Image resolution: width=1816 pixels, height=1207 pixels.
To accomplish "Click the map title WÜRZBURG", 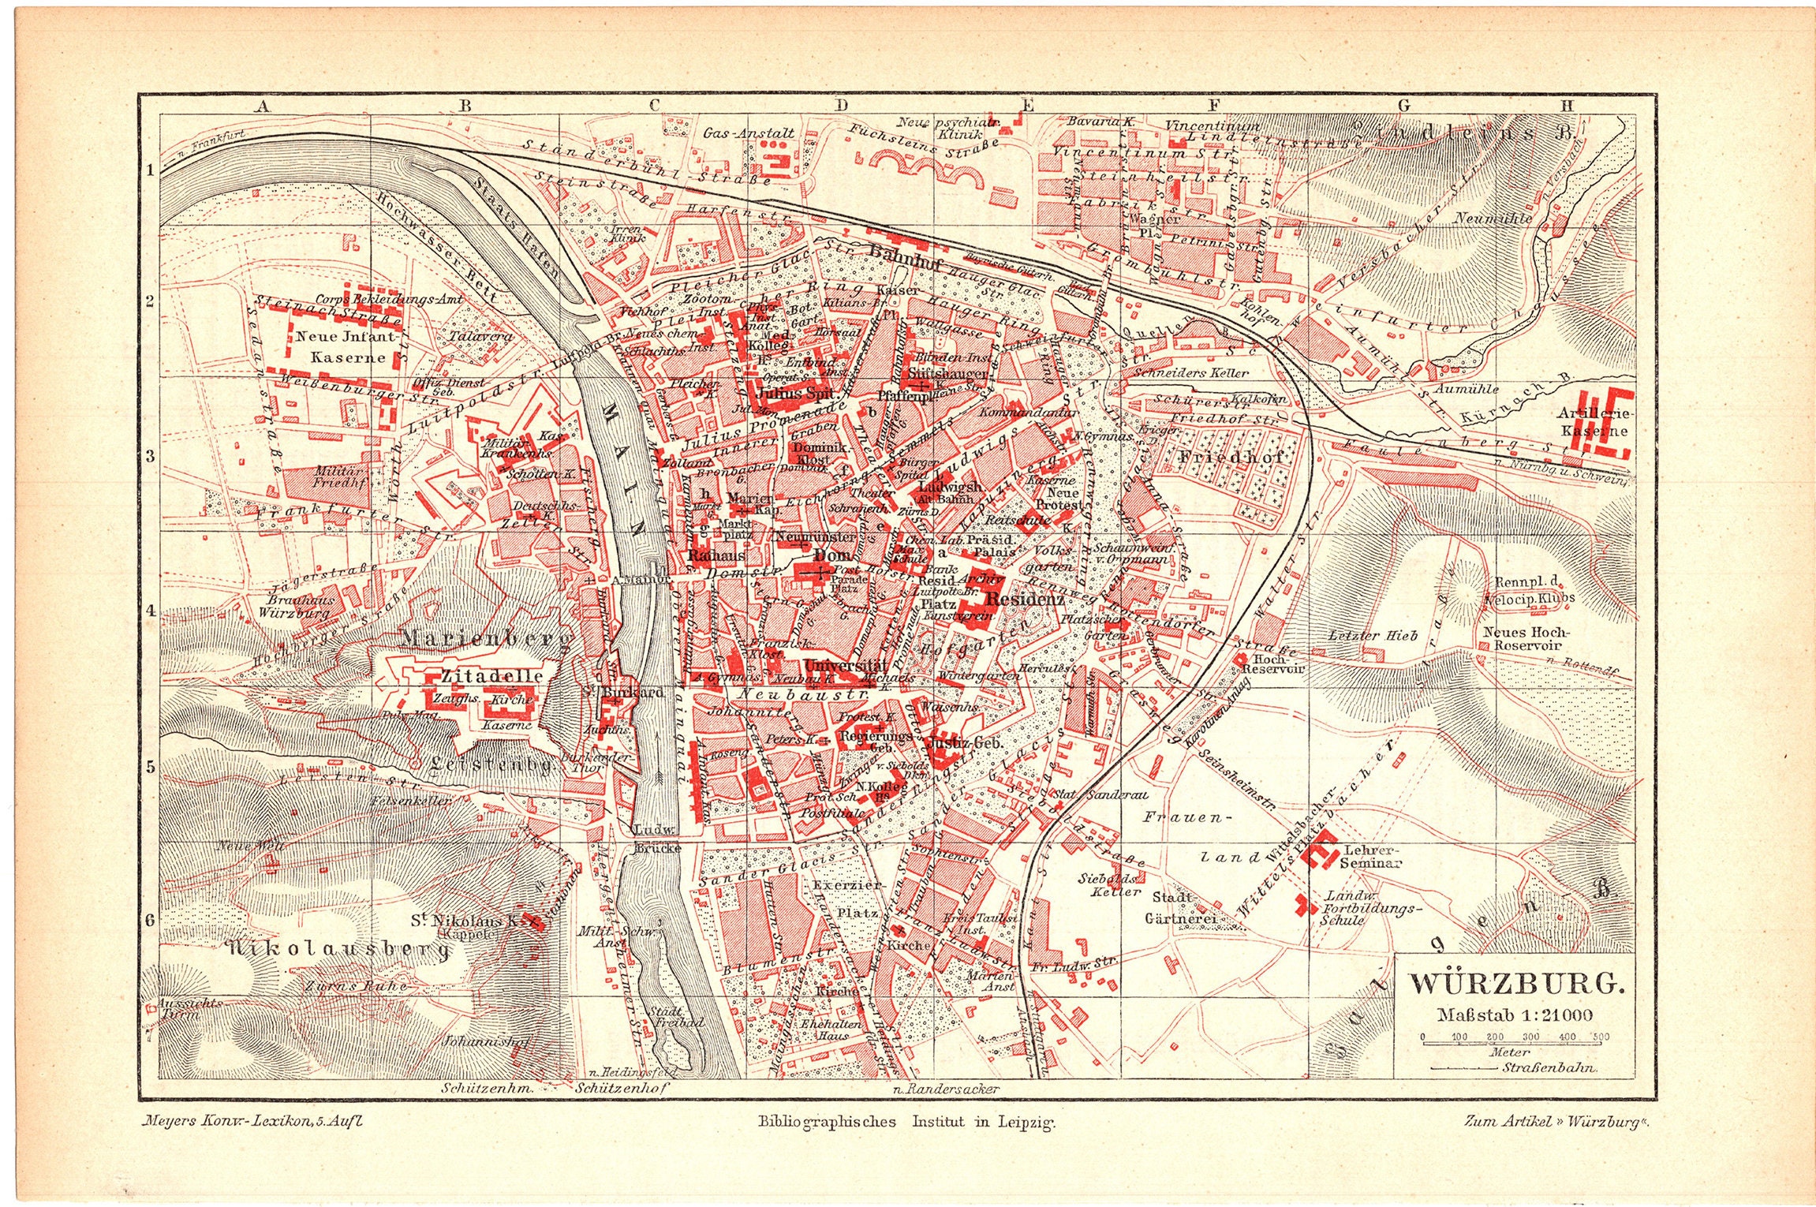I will point(1517,983).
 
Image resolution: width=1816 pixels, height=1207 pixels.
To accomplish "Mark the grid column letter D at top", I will point(841,105).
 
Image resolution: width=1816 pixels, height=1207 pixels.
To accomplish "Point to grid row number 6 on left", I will point(150,919).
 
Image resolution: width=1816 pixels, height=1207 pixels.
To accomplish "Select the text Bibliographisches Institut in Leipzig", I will point(906,1121).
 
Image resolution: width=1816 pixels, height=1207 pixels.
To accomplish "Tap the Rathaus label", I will point(716,555).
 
